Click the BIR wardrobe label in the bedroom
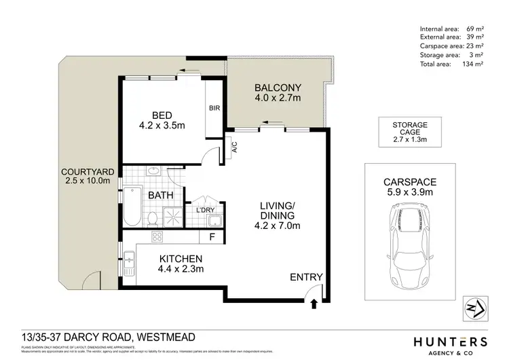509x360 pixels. [214, 107]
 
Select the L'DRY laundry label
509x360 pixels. [206, 209]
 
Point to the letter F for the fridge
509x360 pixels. [212, 237]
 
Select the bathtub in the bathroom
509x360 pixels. [132, 206]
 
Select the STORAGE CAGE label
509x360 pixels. [410, 130]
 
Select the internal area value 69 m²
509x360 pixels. [474, 28]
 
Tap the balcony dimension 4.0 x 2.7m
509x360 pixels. [278, 99]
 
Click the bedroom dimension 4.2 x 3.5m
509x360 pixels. [162, 125]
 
